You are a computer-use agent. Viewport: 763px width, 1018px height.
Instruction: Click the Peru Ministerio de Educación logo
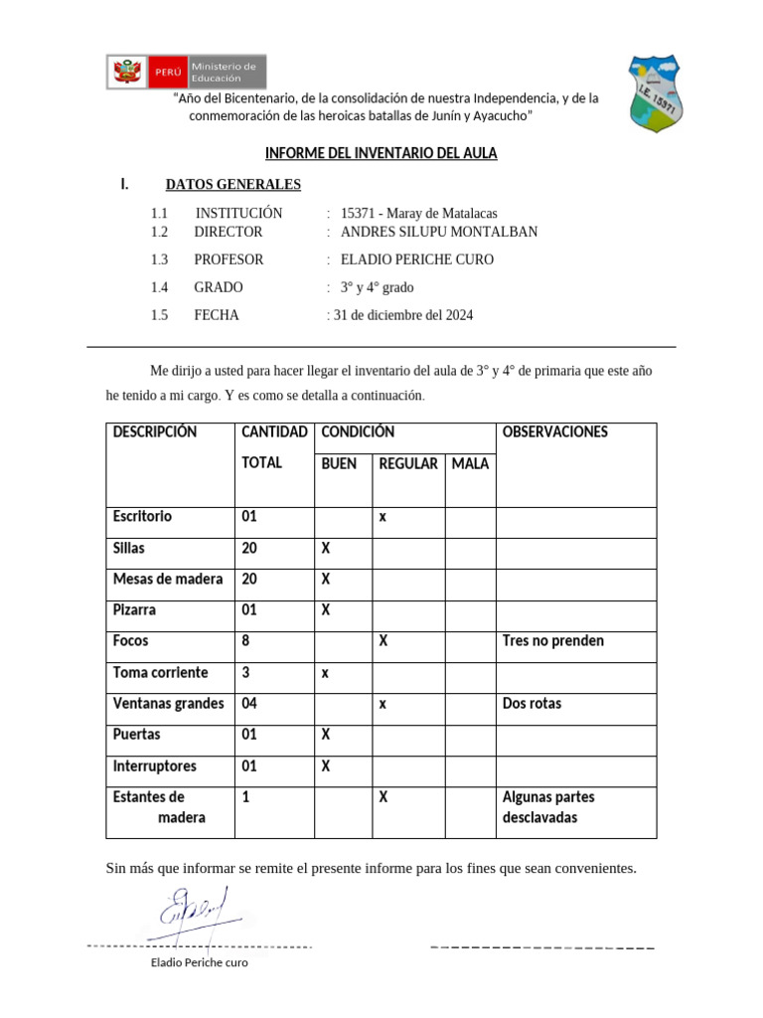pyautogui.click(x=187, y=72)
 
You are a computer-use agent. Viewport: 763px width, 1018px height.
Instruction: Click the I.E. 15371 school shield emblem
pyautogui.click(x=656, y=94)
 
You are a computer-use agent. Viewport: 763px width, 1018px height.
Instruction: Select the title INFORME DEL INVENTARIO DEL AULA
pyautogui.click(x=381, y=153)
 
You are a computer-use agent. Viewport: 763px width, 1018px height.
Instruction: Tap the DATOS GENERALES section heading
pyautogui.click(x=232, y=184)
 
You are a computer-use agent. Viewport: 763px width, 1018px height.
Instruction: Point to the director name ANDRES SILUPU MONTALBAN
pyautogui.click(x=438, y=232)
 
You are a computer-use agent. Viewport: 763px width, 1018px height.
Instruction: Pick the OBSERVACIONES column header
pyautogui.click(x=555, y=432)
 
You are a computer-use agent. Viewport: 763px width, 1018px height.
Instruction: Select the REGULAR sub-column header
pyautogui.click(x=408, y=463)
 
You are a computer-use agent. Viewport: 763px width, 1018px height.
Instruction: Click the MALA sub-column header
pyautogui.click(x=470, y=463)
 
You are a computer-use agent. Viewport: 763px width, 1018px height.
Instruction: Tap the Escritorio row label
pyautogui.click(x=142, y=516)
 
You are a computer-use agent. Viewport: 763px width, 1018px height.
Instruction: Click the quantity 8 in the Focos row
pyautogui.click(x=245, y=641)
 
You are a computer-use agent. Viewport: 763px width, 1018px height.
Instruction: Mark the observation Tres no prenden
pyautogui.click(x=553, y=641)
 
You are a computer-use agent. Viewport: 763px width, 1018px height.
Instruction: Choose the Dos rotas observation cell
pyautogui.click(x=533, y=704)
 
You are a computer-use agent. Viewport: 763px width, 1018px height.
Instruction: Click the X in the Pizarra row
pyautogui.click(x=326, y=609)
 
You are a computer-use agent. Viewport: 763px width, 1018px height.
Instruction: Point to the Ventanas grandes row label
pyautogui.click(x=168, y=704)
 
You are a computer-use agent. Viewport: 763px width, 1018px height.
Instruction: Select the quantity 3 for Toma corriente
pyautogui.click(x=245, y=673)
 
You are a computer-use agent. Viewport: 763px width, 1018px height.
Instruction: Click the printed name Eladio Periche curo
pyautogui.click(x=199, y=962)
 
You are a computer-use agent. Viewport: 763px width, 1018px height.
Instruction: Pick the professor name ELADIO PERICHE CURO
pyautogui.click(x=416, y=259)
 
